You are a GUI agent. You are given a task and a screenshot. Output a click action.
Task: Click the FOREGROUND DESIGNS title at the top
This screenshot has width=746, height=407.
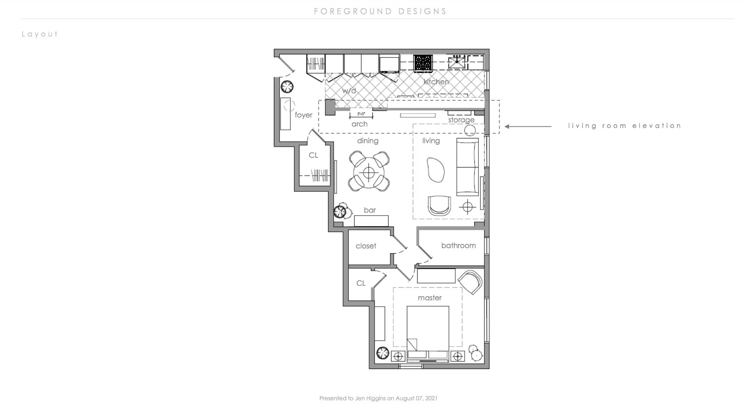pyautogui.click(x=380, y=12)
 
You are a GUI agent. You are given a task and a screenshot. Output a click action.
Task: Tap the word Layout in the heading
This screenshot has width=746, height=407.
pyautogui.click(x=40, y=34)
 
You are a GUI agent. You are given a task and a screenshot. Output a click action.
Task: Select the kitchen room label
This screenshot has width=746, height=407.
pyautogui.click(x=436, y=81)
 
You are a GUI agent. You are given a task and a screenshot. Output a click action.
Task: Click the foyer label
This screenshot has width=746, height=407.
pyautogui.click(x=303, y=115)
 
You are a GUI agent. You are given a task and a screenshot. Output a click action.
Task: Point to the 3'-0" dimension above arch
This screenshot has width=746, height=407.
pyautogui.click(x=361, y=114)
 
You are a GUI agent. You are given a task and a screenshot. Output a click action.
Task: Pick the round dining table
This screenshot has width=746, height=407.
pyautogui.click(x=369, y=173)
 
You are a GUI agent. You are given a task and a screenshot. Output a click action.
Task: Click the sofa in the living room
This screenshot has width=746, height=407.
pyautogui.click(x=468, y=167)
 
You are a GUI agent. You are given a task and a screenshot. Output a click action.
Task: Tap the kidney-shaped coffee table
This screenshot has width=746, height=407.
pyautogui.click(x=436, y=170)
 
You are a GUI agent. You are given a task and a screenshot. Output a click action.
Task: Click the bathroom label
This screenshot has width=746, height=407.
pyautogui.click(x=458, y=245)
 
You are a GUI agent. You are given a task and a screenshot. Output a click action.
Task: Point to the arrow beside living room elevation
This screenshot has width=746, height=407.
pyautogui.click(x=528, y=126)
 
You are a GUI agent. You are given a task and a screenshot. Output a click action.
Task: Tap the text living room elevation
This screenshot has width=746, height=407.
pyautogui.click(x=625, y=126)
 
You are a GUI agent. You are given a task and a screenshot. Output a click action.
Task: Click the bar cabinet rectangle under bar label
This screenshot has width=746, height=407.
pyautogui.click(x=371, y=221)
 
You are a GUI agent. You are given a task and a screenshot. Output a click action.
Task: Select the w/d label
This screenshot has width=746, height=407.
pyautogui.click(x=349, y=91)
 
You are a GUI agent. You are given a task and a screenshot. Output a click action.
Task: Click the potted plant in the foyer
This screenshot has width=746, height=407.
pyautogui.click(x=287, y=87)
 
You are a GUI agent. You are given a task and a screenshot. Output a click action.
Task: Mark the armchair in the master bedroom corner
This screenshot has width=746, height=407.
pyautogui.click(x=470, y=282)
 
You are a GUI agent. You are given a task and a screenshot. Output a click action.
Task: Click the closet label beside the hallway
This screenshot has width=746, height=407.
pyautogui.click(x=366, y=246)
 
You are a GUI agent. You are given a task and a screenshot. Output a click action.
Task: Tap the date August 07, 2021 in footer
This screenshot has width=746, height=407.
pyautogui.click(x=416, y=398)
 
